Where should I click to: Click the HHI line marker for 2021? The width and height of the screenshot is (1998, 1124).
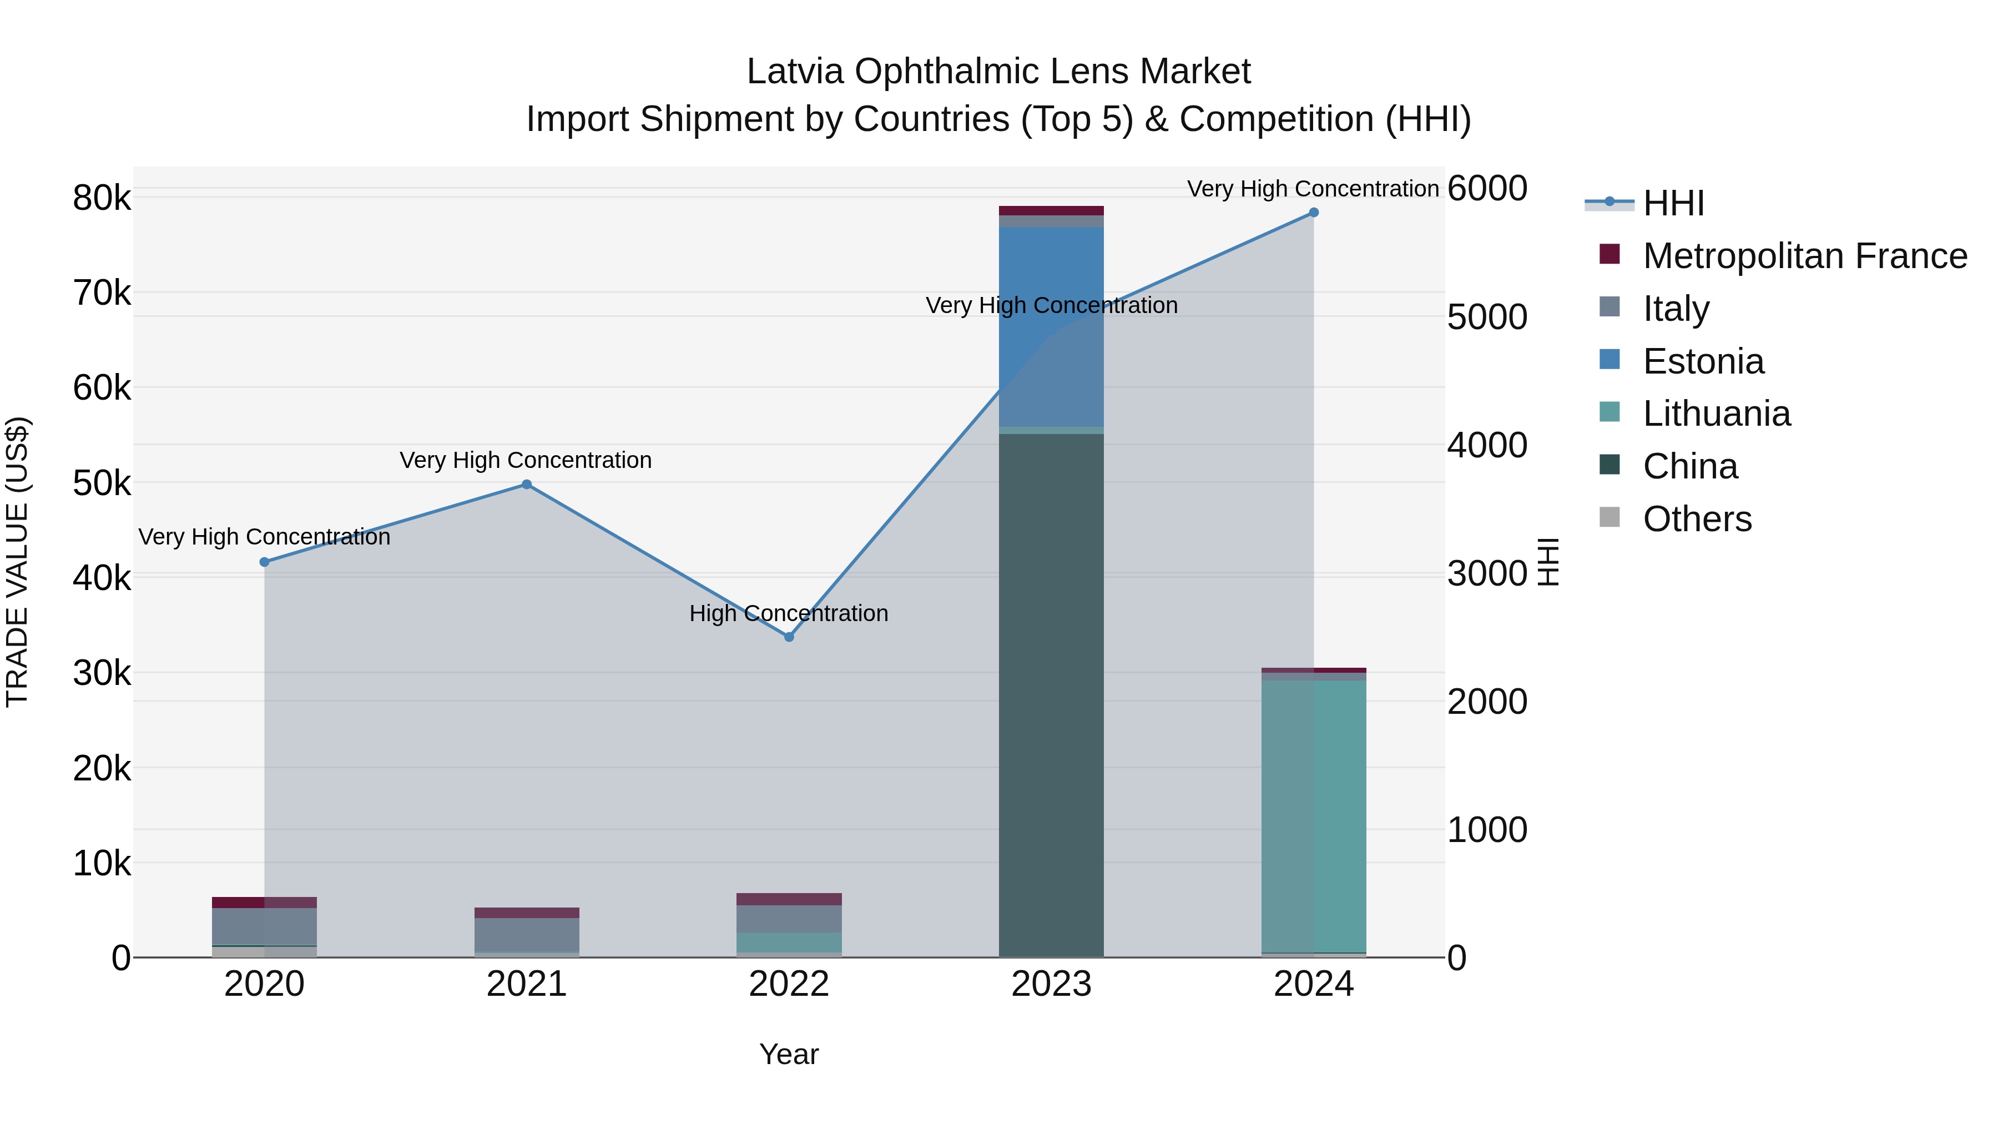[x=527, y=485]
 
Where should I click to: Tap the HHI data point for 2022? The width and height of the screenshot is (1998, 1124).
[x=789, y=637]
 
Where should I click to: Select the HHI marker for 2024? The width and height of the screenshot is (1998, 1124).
[x=1313, y=213]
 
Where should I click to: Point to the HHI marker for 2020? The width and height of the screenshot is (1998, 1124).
[x=265, y=562]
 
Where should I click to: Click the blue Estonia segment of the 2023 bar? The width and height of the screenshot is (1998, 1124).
[x=1051, y=326]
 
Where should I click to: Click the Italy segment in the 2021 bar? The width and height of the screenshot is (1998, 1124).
[x=527, y=934]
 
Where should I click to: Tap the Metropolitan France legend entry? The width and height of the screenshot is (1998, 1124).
[x=1804, y=256]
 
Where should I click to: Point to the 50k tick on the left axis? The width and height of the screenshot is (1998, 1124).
[x=102, y=484]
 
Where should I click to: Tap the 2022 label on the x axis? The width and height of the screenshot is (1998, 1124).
[x=789, y=984]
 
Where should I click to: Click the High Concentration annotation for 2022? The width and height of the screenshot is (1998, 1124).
[x=789, y=613]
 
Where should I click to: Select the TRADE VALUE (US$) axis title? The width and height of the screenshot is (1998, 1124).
[x=17, y=562]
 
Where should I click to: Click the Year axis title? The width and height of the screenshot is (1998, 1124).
[x=789, y=1054]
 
